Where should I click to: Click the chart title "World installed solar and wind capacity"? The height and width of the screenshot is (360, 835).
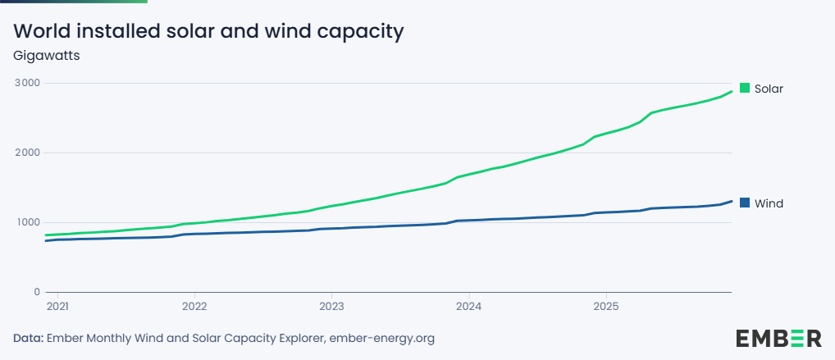(x=209, y=32)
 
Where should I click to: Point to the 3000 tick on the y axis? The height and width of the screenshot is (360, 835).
(x=26, y=83)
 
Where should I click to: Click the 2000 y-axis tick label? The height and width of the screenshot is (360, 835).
(x=26, y=153)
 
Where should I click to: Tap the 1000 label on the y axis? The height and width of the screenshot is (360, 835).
(x=26, y=222)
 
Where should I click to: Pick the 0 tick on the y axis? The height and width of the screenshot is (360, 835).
(x=37, y=292)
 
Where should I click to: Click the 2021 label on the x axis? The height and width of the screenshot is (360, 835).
(x=57, y=307)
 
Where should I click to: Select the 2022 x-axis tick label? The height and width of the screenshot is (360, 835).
(x=194, y=307)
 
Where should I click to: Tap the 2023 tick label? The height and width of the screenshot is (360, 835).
(x=331, y=307)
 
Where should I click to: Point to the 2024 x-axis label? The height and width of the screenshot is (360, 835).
(x=468, y=307)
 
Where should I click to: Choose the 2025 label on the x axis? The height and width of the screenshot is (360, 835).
(x=605, y=307)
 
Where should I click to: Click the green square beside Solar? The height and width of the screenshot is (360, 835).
(x=745, y=88)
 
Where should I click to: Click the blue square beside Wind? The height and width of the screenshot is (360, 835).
(x=745, y=203)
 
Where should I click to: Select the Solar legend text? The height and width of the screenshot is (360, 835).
(x=769, y=89)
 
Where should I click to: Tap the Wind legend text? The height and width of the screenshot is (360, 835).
(x=769, y=203)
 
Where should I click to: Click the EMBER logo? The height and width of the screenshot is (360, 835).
(x=778, y=338)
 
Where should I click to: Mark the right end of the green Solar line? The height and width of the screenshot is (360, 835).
(x=731, y=91)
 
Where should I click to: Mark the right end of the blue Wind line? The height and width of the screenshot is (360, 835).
(x=731, y=201)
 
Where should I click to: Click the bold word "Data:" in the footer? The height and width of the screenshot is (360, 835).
(x=29, y=338)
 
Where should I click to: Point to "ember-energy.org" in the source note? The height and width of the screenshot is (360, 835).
(x=381, y=338)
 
